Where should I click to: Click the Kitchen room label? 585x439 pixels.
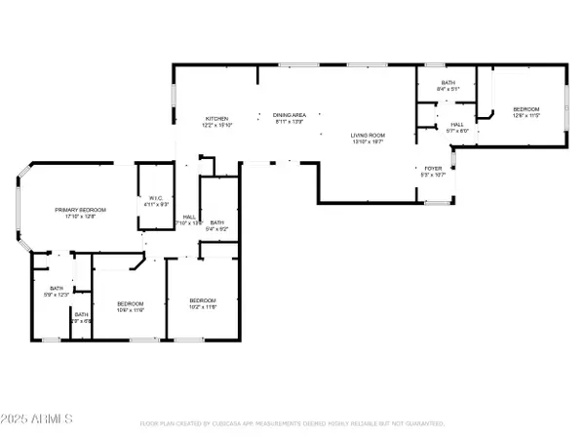(215, 118)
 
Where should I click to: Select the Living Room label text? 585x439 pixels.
(369, 136)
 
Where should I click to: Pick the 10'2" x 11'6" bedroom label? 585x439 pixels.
(202, 299)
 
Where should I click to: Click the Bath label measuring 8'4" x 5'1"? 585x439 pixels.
(448, 83)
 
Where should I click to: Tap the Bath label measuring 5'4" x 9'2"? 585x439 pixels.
(216, 222)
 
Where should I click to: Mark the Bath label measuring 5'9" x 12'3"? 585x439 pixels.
(57, 289)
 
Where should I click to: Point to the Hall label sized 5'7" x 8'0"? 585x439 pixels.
(456, 125)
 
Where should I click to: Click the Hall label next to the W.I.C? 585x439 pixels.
(190, 217)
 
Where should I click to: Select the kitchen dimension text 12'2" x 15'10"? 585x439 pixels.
(215, 124)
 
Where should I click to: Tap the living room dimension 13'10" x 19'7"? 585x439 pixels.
(369, 142)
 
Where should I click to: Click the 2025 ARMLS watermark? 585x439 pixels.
(38, 419)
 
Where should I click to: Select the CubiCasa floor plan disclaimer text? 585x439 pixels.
(292, 424)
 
